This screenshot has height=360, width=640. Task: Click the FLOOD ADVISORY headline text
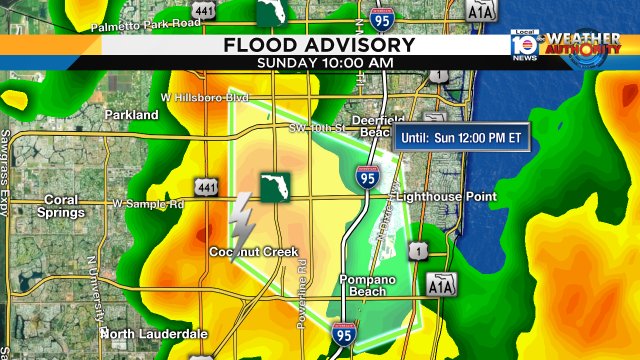319,45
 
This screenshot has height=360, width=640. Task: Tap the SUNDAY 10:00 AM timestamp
319,63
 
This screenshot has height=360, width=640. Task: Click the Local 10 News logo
524,47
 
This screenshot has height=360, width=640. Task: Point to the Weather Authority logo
584,48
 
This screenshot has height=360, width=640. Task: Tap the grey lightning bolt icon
242,221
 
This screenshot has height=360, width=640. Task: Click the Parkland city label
131,115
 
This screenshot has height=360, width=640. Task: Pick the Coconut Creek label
253,251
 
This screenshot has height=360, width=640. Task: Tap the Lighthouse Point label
447,197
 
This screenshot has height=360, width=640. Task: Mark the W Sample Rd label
149,204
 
